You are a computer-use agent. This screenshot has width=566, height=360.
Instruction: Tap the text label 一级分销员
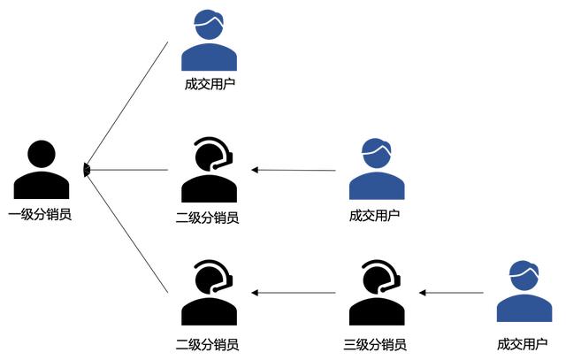pos(41,214)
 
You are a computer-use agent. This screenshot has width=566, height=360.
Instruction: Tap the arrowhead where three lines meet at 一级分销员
pos(86,169)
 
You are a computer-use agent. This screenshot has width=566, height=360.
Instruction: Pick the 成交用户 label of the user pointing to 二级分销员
pos(375,215)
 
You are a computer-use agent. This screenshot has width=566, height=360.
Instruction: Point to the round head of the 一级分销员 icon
pos(41,154)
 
